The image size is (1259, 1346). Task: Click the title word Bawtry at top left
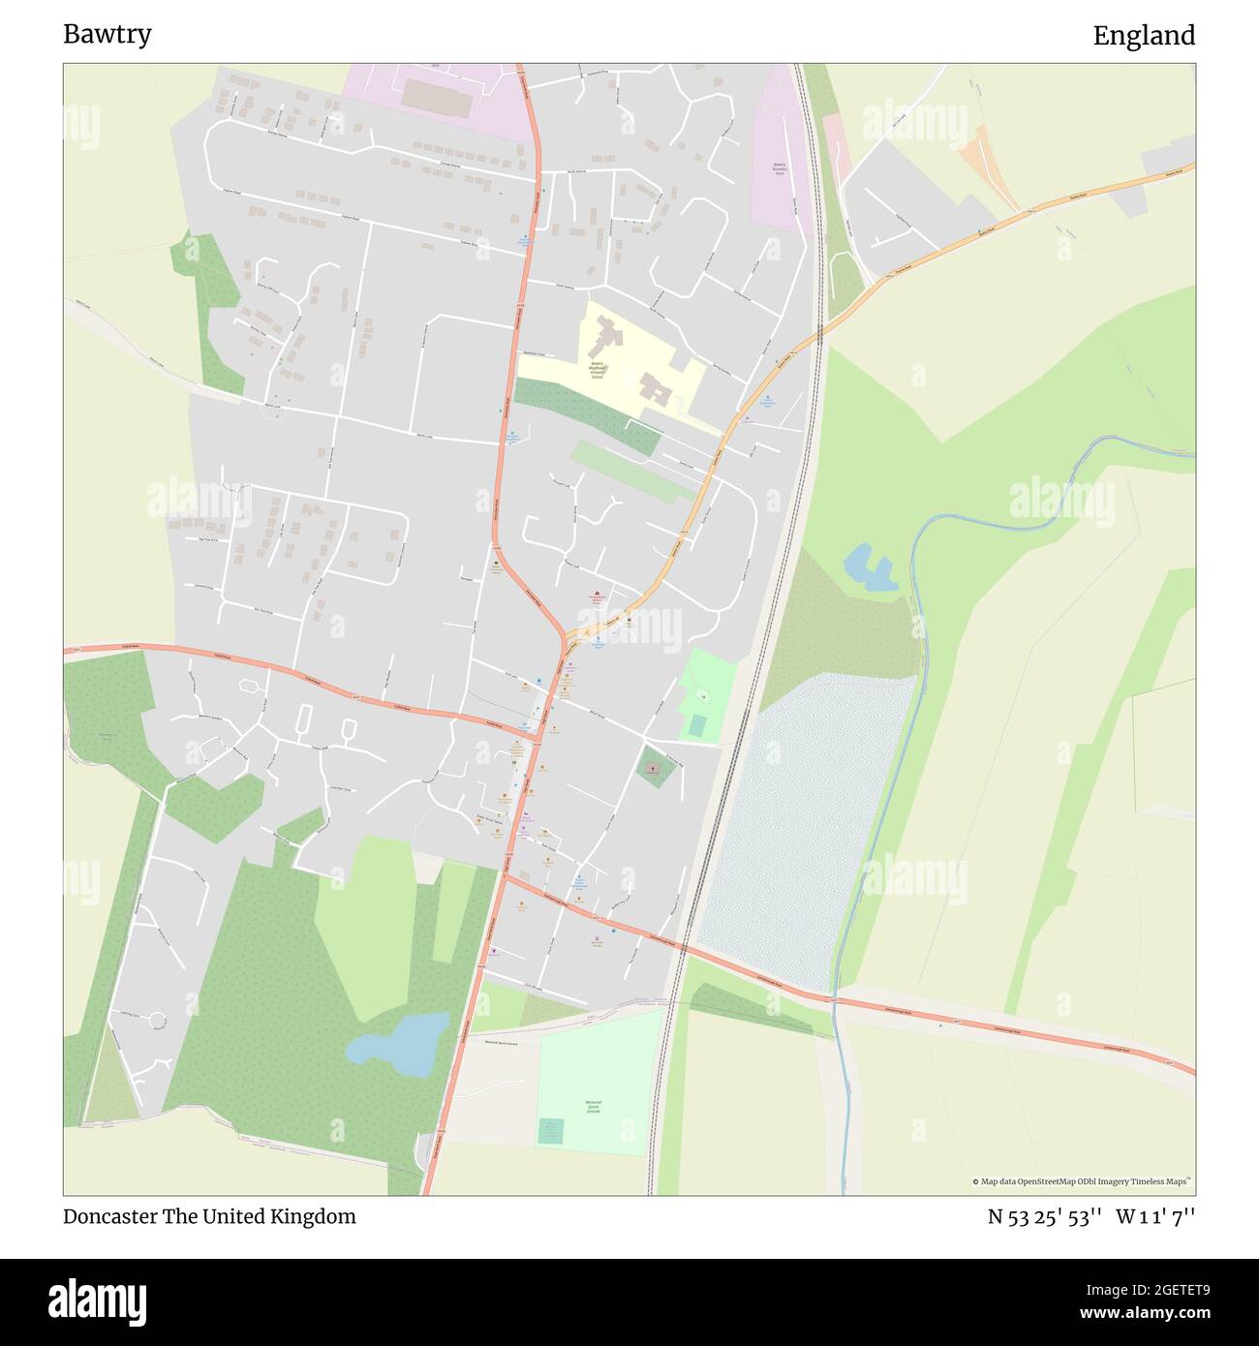pyautogui.click(x=107, y=35)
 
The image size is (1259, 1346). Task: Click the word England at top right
pyautogui.click(x=1144, y=36)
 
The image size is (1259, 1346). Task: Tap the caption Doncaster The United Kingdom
pyautogui.click(x=209, y=1216)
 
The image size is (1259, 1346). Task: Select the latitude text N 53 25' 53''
pyautogui.click(x=1044, y=1217)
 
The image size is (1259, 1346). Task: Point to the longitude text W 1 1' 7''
pyautogui.click(x=1155, y=1217)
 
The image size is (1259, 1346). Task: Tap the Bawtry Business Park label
pyautogui.click(x=779, y=168)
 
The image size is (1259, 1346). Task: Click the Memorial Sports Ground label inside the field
pyautogui.click(x=594, y=1107)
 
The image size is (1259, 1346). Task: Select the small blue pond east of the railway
pyautogui.click(x=869, y=568)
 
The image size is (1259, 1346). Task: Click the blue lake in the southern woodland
pyautogui.click(x=399, y=1045)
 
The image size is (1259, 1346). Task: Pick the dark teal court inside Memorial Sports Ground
pyautogui.click(x=551, y=1130)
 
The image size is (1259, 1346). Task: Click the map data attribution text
pyautogui.click(x=1083, y=1181)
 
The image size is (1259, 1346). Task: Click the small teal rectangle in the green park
pyautogui.click(x=697, y=725)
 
